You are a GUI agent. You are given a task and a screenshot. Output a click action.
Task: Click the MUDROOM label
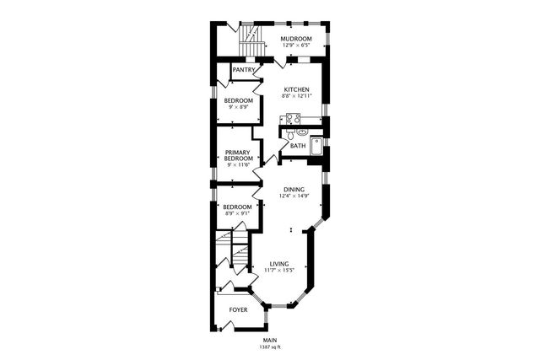pos(296,39)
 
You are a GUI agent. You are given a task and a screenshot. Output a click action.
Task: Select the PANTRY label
pos(244,70)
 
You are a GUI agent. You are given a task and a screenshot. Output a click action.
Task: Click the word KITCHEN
pos(296,90)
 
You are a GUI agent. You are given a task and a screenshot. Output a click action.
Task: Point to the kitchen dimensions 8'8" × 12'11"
pos(296,96)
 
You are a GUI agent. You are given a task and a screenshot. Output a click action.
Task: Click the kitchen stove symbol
pos(294,119)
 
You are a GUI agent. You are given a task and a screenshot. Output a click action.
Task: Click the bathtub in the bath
pos(316,146)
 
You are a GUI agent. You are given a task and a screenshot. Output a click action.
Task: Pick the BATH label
pos(298,146)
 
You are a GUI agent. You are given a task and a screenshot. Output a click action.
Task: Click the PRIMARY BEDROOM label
pos(238,156)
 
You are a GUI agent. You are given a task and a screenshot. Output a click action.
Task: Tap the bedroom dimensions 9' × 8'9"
pos(238,107)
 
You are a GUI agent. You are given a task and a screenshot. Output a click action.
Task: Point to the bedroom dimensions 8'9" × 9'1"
pos(237,213)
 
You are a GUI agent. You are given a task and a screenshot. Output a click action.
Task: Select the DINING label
pos(294,190)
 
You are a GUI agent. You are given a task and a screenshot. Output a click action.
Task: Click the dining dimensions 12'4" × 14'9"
pos(294,196)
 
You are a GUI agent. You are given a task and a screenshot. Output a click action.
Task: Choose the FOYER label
pos(239,310)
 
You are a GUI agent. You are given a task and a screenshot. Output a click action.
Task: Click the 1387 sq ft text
pos(269,347)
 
